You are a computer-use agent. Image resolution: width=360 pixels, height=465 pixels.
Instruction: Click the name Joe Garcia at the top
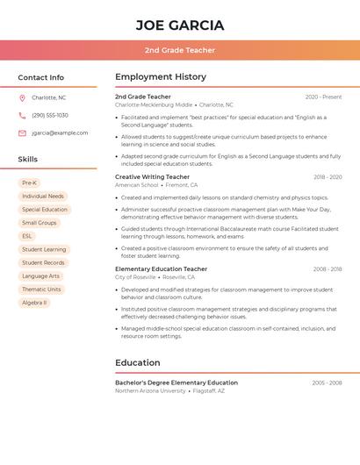180,25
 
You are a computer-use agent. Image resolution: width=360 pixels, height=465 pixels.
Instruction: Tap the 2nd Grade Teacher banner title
180,50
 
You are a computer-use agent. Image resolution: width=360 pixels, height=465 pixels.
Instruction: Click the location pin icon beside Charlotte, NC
22,98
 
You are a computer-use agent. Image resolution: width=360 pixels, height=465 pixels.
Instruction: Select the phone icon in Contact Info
22,116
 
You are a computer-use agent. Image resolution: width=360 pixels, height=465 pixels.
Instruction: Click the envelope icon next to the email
22,133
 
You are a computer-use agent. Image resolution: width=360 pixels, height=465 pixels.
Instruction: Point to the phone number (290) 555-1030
50,116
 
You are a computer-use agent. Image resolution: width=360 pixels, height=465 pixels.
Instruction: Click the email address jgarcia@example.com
60,133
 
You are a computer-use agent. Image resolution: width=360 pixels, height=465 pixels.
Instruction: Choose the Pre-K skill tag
30,183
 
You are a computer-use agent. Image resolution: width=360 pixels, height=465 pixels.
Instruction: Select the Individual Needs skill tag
43,197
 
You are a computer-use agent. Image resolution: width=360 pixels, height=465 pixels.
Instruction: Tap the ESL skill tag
27,236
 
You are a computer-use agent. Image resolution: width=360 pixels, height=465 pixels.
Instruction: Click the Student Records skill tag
43,263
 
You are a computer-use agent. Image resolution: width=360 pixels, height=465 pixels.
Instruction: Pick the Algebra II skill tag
34,303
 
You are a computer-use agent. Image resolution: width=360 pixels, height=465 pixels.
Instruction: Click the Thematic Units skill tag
41,290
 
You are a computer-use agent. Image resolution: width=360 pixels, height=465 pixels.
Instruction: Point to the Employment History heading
161,77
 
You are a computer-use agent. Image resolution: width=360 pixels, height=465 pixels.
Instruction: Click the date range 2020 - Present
323,97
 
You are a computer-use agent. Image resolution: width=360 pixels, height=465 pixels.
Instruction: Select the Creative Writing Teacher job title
152,177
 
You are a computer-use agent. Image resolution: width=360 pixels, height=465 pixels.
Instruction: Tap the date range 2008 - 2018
327,269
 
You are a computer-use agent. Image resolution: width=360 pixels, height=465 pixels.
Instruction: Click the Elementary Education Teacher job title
161,269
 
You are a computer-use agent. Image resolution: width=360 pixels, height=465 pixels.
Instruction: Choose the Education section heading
138,362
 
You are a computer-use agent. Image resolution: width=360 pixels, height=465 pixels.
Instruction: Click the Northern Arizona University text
150,391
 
